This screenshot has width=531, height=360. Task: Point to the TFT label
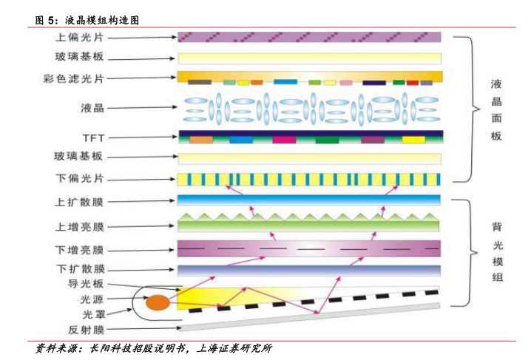coord(93,137)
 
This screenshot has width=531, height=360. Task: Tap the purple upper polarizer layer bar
coord(309,36)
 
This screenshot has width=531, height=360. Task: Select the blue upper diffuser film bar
coord(309,200)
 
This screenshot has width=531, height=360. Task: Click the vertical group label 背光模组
coord(498,251)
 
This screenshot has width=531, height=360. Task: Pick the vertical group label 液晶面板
coord(497,109)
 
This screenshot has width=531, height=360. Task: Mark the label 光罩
coord(92,313)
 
